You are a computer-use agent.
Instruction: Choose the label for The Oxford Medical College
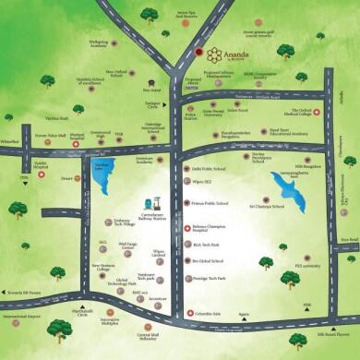[298, 114]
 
